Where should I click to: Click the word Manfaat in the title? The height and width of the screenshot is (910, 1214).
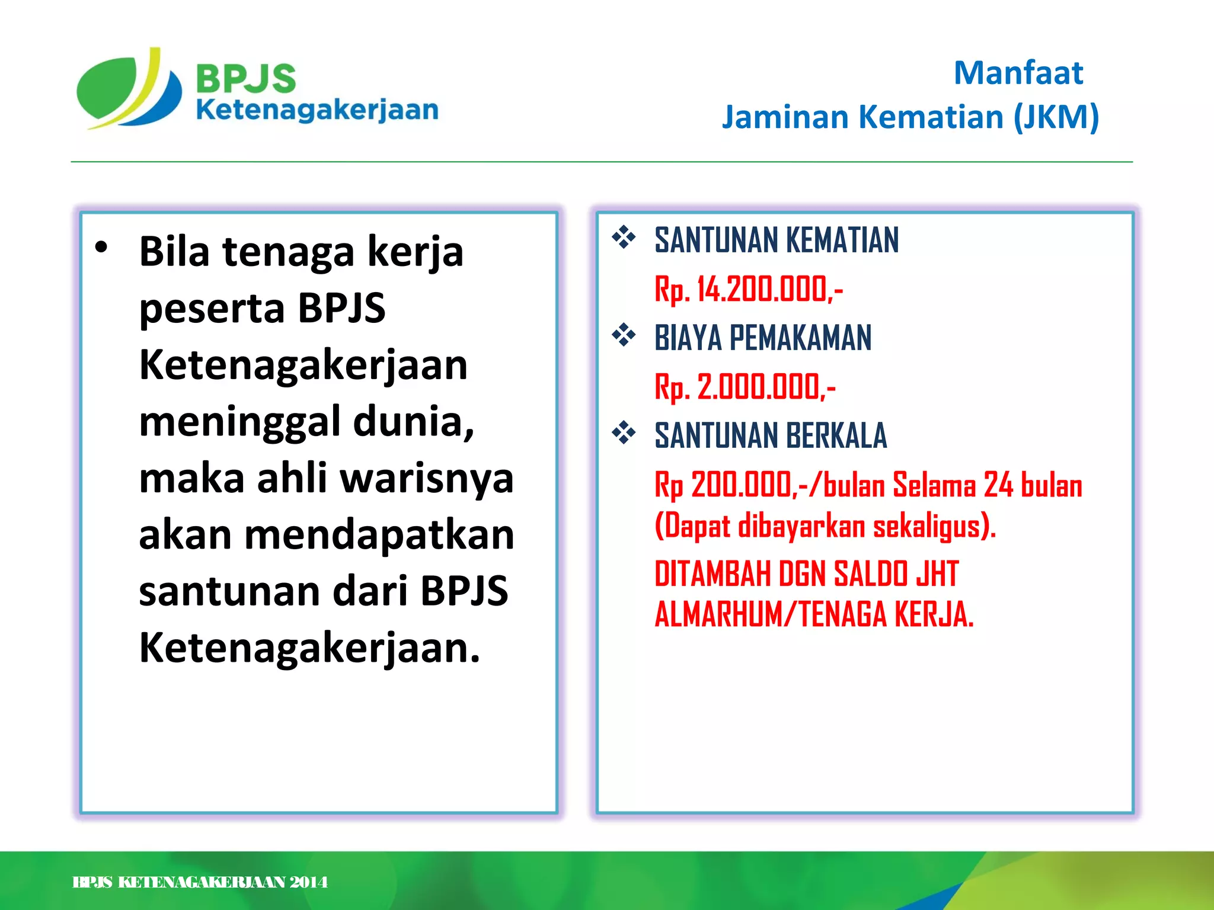pos(1018,73)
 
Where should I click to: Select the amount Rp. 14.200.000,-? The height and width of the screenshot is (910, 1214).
pos(748,290)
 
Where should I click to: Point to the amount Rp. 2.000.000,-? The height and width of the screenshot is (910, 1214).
pos(745,387)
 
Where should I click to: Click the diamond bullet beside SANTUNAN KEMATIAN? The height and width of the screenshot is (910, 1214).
pos(624,238)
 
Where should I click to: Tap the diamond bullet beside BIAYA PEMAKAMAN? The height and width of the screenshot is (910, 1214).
pos(624,335)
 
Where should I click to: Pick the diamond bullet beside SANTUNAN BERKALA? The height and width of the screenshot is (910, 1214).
pos(624,433)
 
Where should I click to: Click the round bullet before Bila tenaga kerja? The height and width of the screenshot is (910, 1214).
pos(101,247)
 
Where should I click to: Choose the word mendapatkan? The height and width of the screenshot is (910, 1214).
pos(379,535)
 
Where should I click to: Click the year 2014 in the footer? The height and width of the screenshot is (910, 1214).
pos(308,883)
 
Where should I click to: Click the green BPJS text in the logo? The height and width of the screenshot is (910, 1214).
pos(245,78)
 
